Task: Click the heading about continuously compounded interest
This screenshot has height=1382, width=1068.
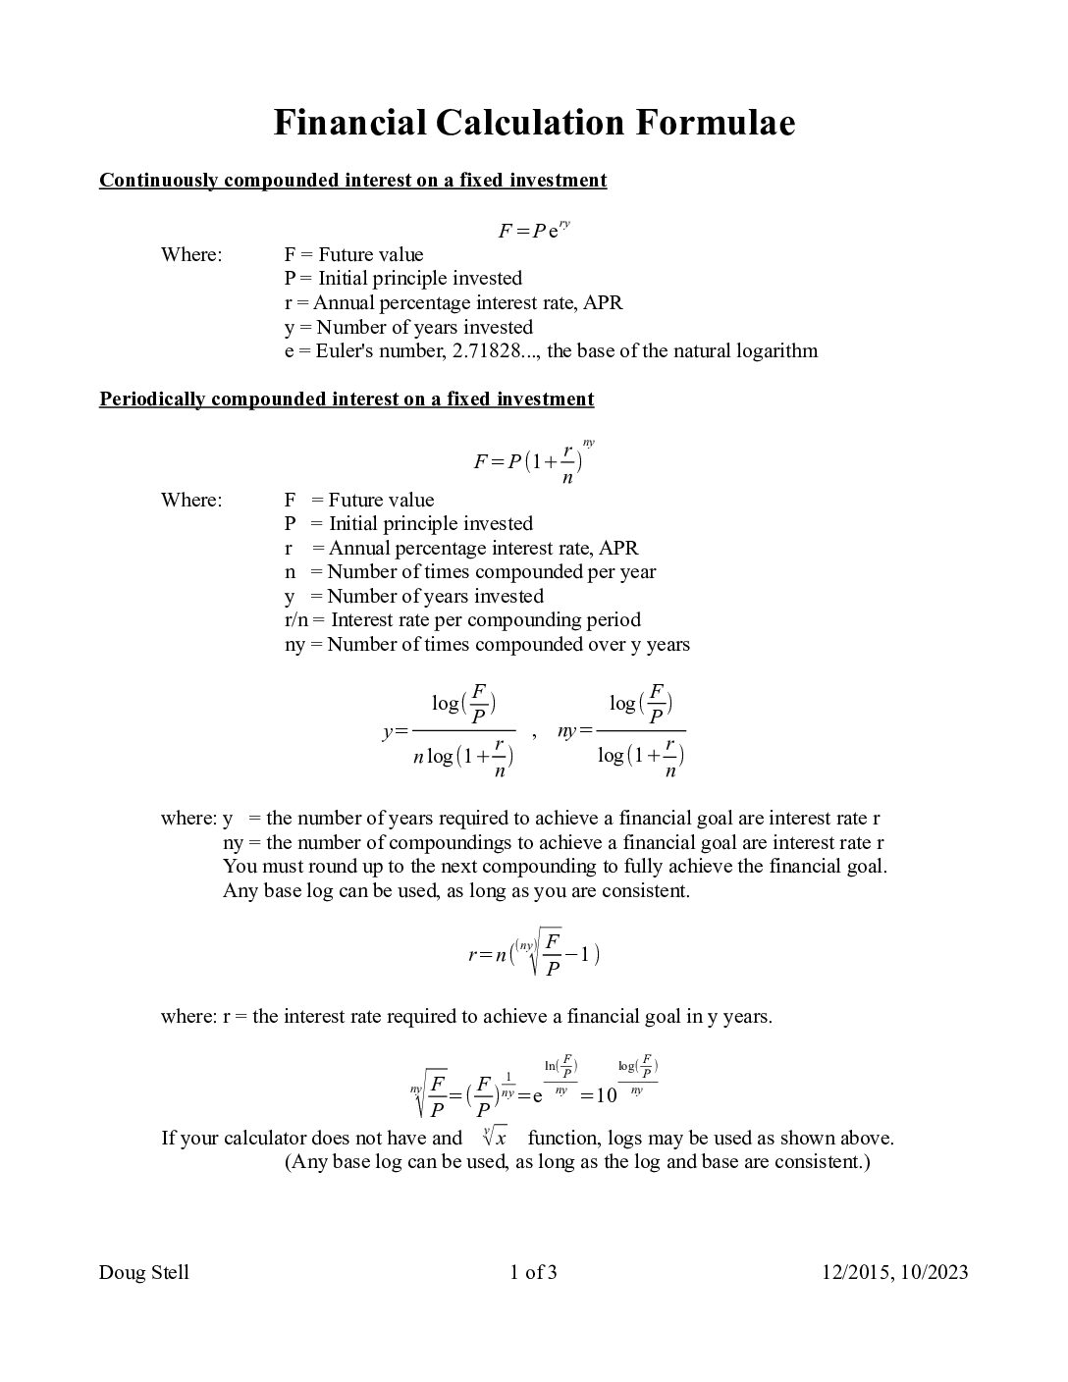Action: pyautogui.click(x=352, y=181)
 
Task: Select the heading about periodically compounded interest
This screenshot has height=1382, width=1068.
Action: pyautogui.click(x=347, y=399)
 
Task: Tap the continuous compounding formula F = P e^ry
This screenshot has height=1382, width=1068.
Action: pyautogui.click(x=534, y=231)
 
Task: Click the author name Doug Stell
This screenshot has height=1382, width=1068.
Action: pyautogui.click(x=143, y=1273)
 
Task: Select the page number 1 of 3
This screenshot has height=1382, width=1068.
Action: pyautogui.click(x=533, y=1273)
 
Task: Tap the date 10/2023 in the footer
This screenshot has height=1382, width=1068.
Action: pyautogui.click(x=933, y=1273)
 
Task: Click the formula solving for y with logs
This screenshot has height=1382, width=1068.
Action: pyautogui.click(x=449, y=731)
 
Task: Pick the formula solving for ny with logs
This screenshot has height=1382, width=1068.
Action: pyautogui.click(x=621, y=731)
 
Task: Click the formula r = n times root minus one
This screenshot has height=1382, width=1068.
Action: pyautogui.click(x=534, y=953)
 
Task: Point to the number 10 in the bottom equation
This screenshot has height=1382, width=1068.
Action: pyautogui.click(x=606, y=1095)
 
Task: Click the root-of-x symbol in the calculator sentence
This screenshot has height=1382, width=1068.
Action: pyautogui.click(x=495, y=1138)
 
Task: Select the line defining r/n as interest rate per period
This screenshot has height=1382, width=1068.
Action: pyautogui.click(x=462, y=620)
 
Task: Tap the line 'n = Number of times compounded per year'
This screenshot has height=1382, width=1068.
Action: pyautogui.click(x=470, y=572)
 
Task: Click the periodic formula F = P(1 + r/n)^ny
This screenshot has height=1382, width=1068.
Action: pyautogui.click(x=534, y=461)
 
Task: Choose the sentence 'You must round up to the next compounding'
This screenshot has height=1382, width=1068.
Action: pyautogui.click(x=555, y=867)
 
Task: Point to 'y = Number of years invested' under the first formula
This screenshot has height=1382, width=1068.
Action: pyautogui.click(x=408, y=328)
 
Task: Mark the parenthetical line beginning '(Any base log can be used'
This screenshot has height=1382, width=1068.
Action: pyautogui.click(x=577, y=1162)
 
